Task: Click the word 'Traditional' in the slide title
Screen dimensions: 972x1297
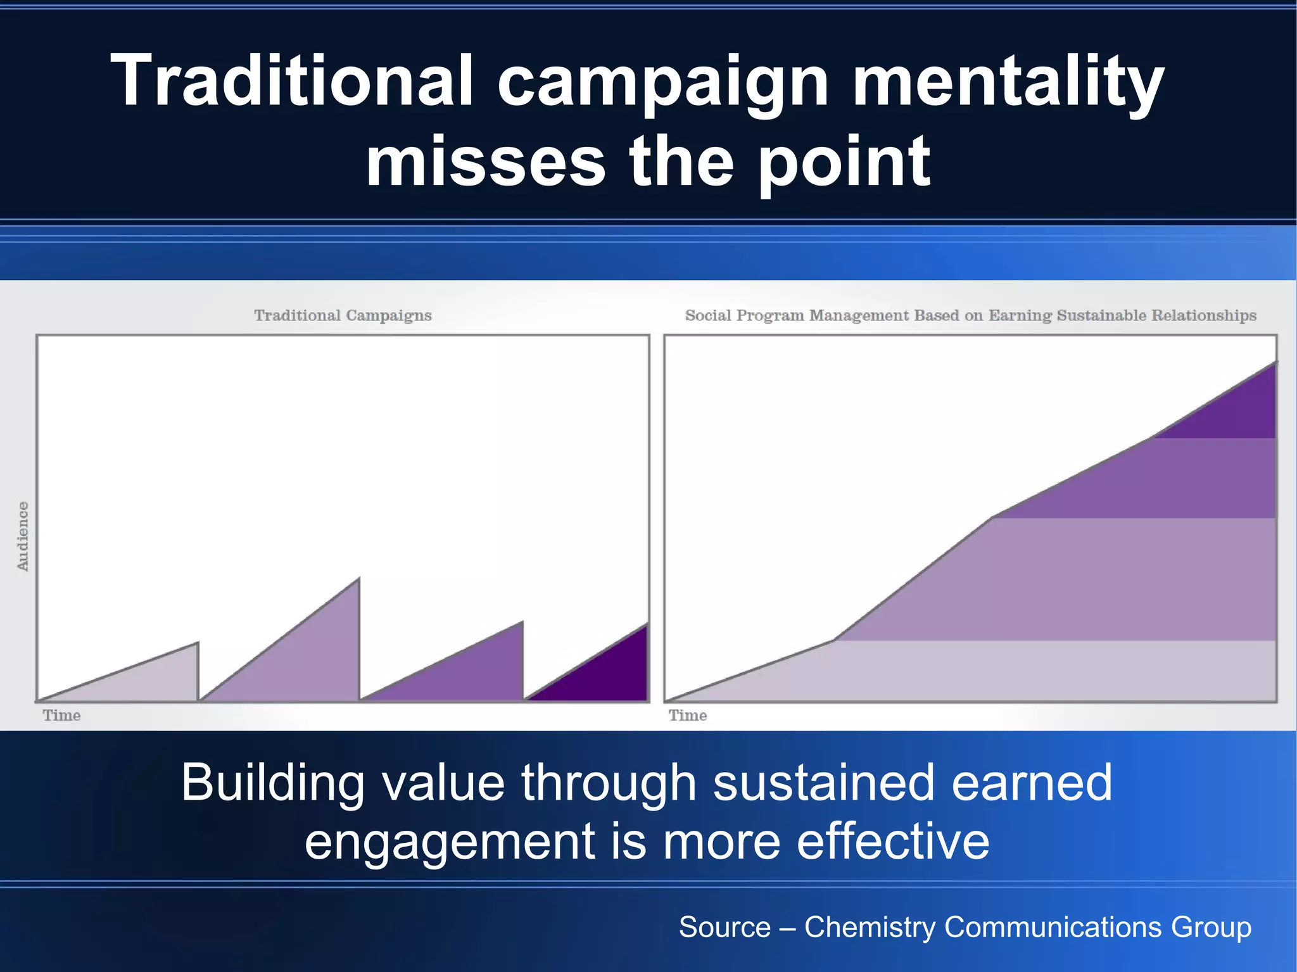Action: click(x=292, y=81)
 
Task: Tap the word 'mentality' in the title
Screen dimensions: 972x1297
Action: click(x=1007, y=81)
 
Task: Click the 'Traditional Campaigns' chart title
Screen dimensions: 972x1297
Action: click(x=343, y=315)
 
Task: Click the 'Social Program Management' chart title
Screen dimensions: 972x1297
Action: click(x=970, y=315)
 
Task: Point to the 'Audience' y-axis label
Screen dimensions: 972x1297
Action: click(x=23, y=536)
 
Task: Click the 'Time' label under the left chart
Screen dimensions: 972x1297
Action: click(x=61, y=716)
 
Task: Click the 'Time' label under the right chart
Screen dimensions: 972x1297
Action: click(x=688, y=716)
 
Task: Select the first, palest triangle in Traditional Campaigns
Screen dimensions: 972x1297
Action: click(x=152, y=681)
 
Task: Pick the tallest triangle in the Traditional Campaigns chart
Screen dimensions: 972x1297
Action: click(x=310, y=659)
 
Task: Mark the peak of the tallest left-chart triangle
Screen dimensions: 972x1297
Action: click(x=359, y=578)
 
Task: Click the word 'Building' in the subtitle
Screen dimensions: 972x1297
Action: click(x=272, y=783)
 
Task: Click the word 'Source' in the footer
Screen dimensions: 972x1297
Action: click(x=724, y=927)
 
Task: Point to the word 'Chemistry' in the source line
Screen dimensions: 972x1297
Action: click(x=869, y=927)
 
